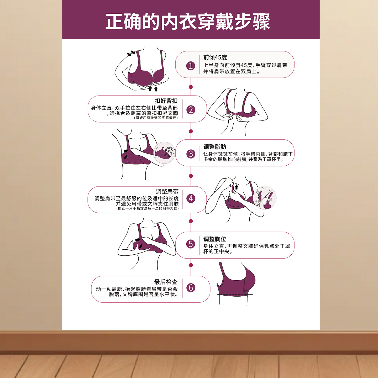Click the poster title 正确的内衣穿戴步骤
pos(188,22)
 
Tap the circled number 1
pos(191,66)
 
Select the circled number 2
pos(191,110)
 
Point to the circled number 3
pos(191,154)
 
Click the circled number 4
pos(191,198)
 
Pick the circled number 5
pos(191,244)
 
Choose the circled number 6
pos(191,288)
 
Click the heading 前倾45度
pos(215,57)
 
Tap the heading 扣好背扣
pos(166,101)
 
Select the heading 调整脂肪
pos(215,147)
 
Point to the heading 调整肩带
pos(167,191)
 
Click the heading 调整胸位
pos(215,239)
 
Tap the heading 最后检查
pos(166,282)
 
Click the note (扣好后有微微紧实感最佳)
pos(156,118)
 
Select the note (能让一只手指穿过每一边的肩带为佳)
pos(148,208)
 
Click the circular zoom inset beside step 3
pos(164,153)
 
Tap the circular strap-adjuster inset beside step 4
pos(265,198)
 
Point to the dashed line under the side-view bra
pos(235,295)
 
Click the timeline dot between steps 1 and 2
pos(191,87)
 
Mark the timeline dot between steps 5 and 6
pos(191,265)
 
